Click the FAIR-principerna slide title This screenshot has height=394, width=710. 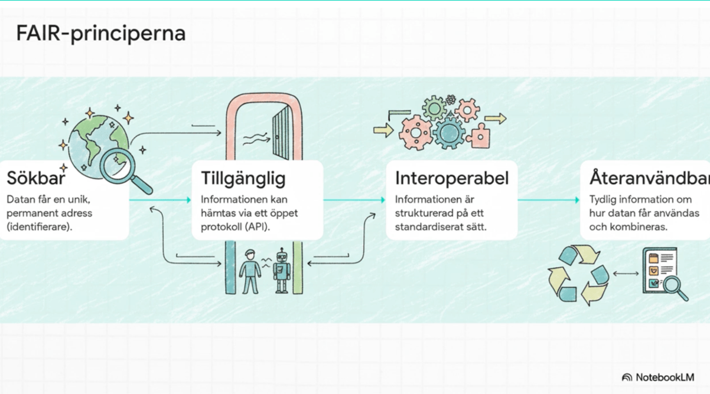click(x=101, y=34)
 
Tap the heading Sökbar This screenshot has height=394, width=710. click(x=36, y=178)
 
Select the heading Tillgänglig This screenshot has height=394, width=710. click(x=243, y=178)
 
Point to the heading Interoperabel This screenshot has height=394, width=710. click(x=452, y=178)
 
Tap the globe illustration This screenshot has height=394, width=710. click(x=95, y=142)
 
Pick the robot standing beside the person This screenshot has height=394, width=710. click(x=283, y=270)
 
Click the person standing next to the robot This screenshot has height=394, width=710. click(x=250, y=271)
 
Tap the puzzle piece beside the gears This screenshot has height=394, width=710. click(x=478, y=135)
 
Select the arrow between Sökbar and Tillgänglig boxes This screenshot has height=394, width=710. click(x=160, y=200)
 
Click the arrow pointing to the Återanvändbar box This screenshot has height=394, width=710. click(x=548, y=200)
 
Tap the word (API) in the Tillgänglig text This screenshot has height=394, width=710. click(x=256, y=226)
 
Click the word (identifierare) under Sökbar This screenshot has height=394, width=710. click(x=40, y=226)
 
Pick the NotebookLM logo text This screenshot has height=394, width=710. click(x=665, y=377)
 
